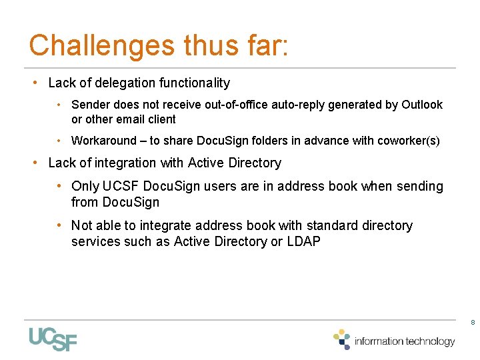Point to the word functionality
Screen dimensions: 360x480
click(193, 83)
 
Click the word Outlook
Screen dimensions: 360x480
click(421, 105)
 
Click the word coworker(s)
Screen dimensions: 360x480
click(409, 141)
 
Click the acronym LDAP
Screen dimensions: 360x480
click(303, 241)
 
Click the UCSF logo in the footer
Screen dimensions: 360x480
click(53, 339)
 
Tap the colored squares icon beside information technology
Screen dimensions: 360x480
click(342, 339)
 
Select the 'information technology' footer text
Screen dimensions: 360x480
click(405, 341)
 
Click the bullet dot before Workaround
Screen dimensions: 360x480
click(60, 141)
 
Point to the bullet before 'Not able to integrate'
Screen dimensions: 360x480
click(60, 225)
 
